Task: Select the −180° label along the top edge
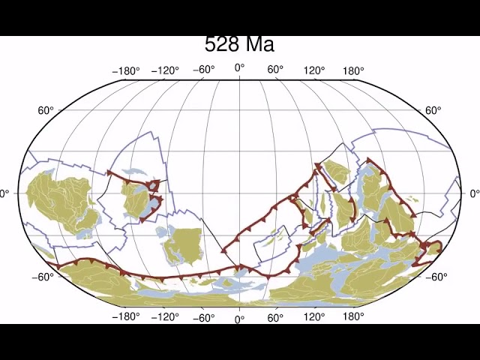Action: coord(126,71)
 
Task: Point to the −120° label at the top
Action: coord(165,71)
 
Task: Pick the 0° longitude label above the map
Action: coord(240,68)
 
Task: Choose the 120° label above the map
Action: coord(314,71)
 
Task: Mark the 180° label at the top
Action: coord(353,71)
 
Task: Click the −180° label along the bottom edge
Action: coord(126,316)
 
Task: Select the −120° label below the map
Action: coord(165,316)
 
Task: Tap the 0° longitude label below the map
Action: coord(240,319)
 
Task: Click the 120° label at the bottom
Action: coord(314,316)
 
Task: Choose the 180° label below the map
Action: coord(353,316)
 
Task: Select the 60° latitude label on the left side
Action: coord(46,111)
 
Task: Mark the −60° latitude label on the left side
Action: coord(43,277)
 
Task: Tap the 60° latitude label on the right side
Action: coord(433,111)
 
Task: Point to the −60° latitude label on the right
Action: coord(436,277)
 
